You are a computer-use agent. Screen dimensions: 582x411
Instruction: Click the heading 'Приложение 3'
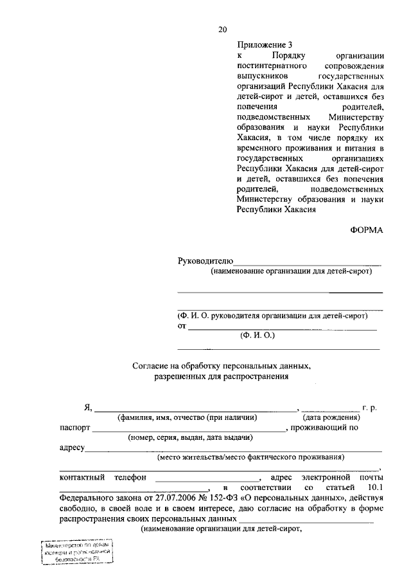[x=265, y=45]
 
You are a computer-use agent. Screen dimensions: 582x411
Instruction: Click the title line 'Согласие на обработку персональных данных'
[x=221, y=366]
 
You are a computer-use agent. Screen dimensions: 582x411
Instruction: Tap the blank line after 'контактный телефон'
[x=205, y=480]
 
